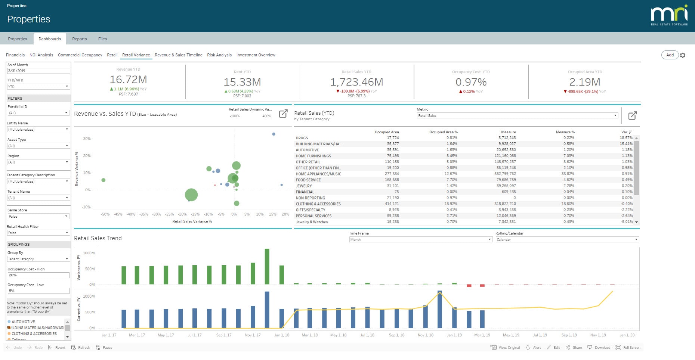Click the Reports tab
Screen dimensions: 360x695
point(79,39)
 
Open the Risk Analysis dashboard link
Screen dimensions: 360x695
point(219,55)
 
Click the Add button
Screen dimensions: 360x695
point(670,55)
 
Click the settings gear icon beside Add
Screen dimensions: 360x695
point(683,55)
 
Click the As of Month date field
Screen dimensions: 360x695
point(38,71)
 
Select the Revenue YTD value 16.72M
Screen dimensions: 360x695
point(128,80)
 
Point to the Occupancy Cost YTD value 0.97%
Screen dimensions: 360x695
point(471,82)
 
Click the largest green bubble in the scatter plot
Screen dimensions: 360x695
point(191,195)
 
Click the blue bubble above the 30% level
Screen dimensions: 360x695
point(274,134)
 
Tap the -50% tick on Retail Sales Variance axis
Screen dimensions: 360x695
point(105,214)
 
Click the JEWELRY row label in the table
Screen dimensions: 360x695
point(303,186)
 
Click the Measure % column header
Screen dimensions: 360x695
point(565,132)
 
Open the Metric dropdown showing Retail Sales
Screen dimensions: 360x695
point(517,116)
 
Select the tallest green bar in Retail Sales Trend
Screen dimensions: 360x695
point(267,266)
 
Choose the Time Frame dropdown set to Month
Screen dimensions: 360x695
point(420,240)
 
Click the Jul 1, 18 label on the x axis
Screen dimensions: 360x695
point(367,335)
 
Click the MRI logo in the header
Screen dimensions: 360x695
point(669,15)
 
